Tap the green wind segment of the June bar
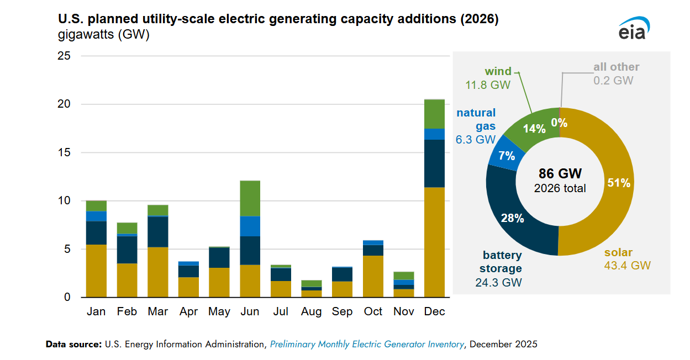click(250, 198)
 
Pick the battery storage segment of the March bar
click(158, 231)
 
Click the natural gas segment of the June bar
click(250, 226)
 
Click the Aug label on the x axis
click(312, 312)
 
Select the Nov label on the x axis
click(404, 312)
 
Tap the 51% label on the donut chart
click(619, 183)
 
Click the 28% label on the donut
click(512, 218)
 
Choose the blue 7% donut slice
click(507, 156)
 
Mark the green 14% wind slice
click(534, 128)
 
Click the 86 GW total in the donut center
click(560, 173)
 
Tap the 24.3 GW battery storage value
click(498, 282)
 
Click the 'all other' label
click(616, 67)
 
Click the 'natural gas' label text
click(476, 119)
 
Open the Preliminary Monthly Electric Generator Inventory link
click(367, 344)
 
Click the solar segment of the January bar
click(96, 271)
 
